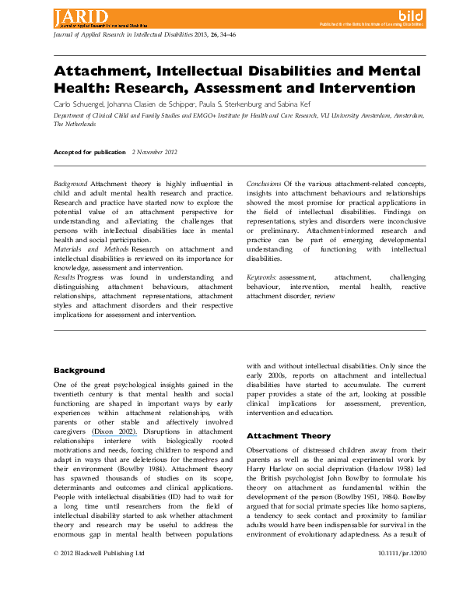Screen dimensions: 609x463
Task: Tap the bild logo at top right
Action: coord(410,15)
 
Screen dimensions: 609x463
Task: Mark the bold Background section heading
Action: coord(79,370)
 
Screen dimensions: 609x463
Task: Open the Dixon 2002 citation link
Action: coord(114,431)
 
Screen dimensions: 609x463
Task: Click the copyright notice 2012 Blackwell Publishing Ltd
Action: coord(99,597)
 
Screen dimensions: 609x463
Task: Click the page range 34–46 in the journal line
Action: coord(233,34)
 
